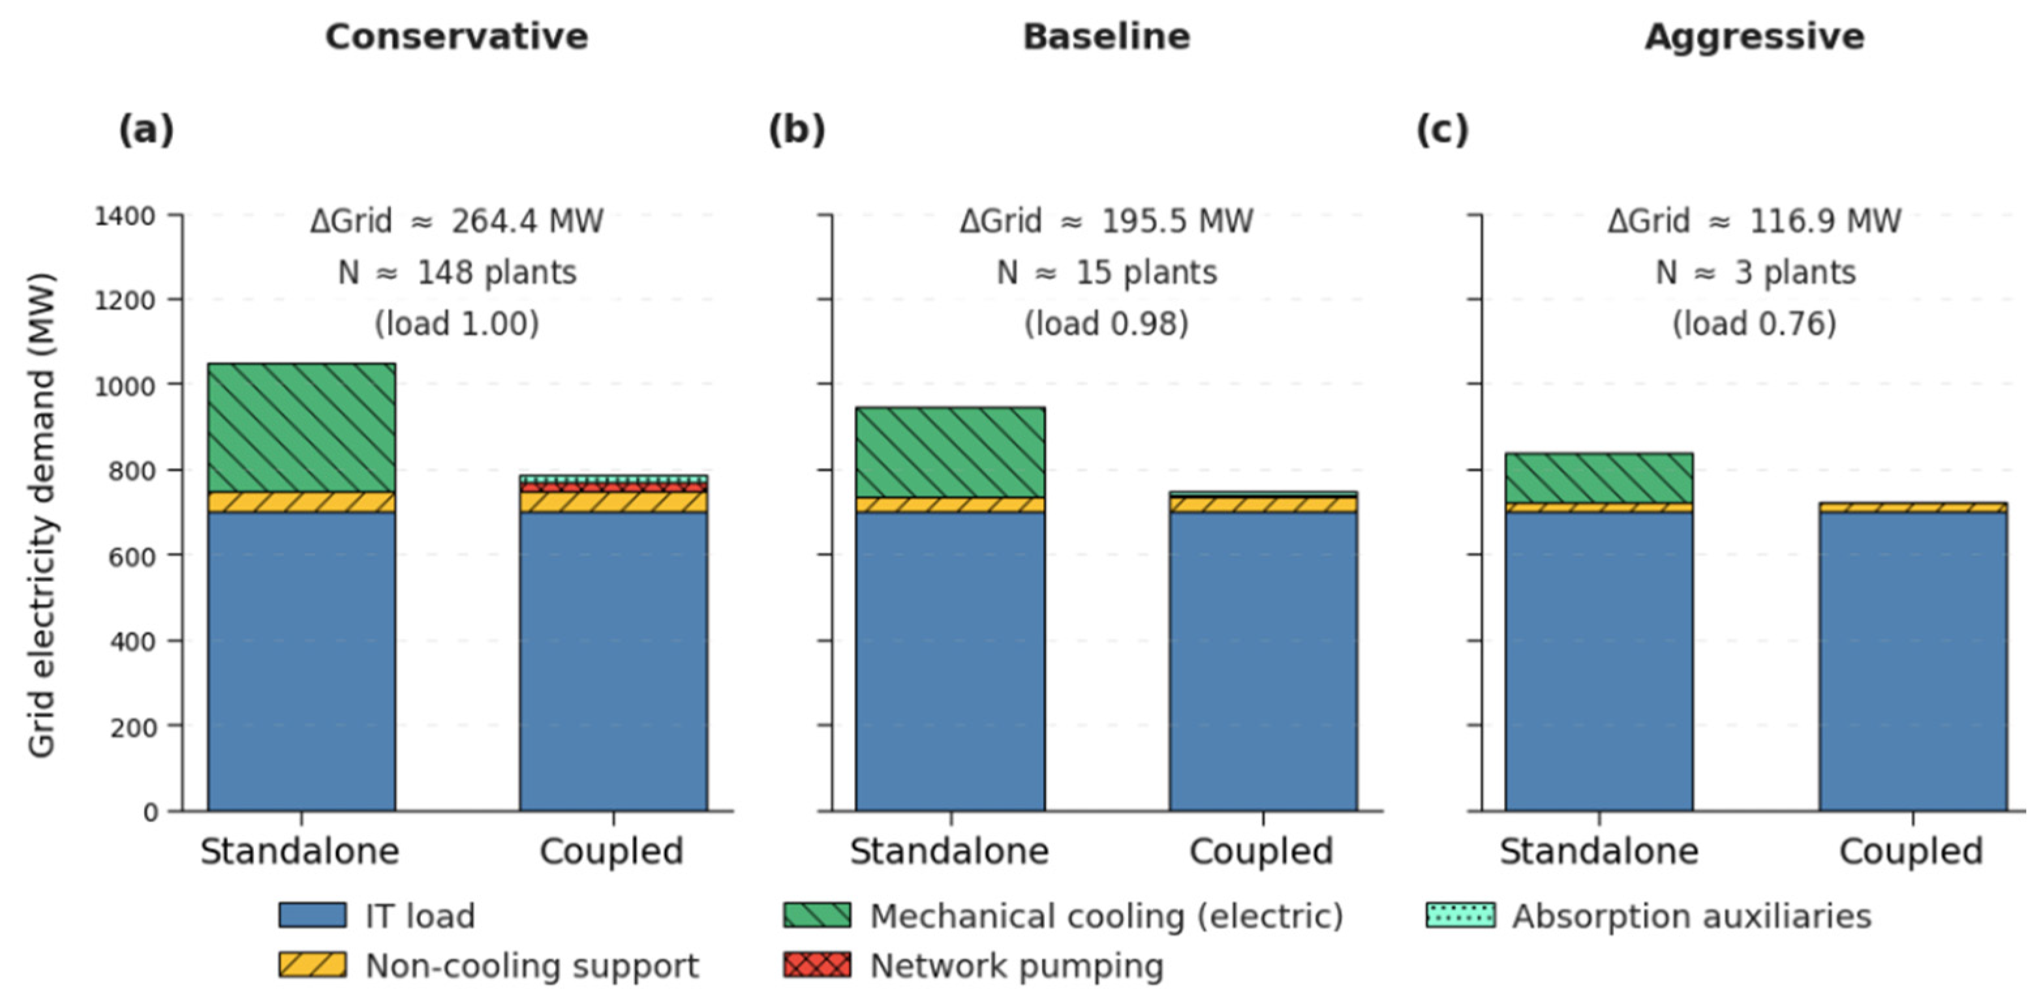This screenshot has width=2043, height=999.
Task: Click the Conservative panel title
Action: (457, 37)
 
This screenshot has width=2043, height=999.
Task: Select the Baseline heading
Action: (1107, 37)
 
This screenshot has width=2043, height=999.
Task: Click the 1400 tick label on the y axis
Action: (125, 216)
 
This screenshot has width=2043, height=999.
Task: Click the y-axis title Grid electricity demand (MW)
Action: (41, 515)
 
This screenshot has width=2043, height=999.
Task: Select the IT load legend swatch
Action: (313, 915)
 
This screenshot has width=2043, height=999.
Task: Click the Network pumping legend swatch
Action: (817, 965)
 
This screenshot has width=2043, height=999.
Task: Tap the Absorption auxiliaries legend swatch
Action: (1461, 915)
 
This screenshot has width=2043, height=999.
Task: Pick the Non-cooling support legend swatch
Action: (313, 965)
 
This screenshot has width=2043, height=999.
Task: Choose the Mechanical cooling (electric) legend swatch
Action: (817, 915)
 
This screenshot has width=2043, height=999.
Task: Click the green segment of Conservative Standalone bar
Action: (301, 428)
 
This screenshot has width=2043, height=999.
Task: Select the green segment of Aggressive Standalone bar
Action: (1599, 479)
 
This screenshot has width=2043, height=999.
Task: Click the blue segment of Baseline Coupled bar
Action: (1263, 661)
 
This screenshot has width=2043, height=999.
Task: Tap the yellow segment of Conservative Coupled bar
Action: (614, 502)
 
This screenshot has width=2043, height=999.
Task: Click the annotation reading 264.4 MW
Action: (527, 221)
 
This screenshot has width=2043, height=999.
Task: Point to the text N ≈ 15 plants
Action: (1107, 273)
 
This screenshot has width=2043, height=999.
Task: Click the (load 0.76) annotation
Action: (1755, 324)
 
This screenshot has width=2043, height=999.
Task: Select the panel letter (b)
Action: (796, 129)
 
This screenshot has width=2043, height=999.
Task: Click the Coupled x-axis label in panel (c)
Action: (1911, 852)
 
